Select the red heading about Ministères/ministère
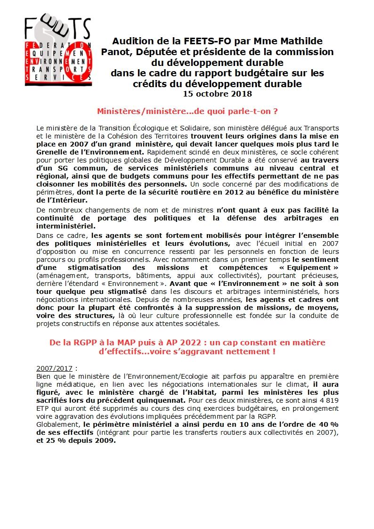187,111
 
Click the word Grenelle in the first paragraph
54,153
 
